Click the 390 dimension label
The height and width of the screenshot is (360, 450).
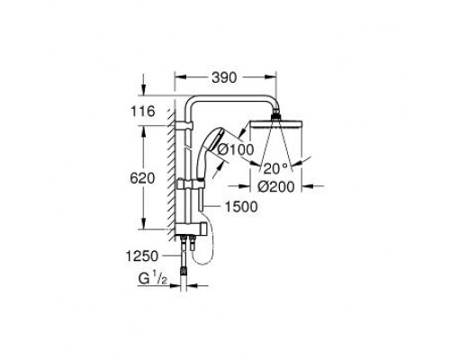point(224,77)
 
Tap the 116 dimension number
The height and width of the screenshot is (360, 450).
point(142,112)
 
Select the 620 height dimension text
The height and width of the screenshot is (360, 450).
point(142,178)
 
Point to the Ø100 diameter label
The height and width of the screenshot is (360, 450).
point(236,149)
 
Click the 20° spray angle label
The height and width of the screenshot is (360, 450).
point(275,168)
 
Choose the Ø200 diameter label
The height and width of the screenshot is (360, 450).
point(276,187)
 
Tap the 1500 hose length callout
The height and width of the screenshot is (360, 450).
point(241,207)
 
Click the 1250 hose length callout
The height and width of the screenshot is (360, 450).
point(141,256)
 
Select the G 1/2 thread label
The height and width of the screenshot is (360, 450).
point(152,279)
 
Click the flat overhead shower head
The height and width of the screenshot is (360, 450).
point(275,124)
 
